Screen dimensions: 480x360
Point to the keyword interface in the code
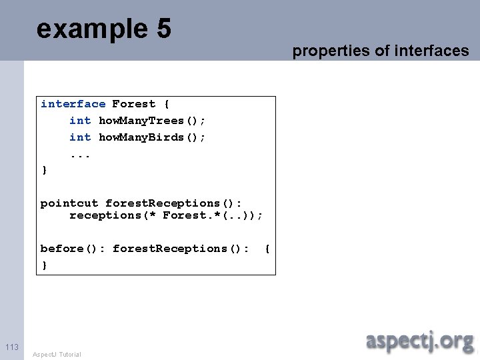point(73,104)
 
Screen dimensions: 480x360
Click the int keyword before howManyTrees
point(80,121)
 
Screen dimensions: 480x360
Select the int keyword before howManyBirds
point(80,137)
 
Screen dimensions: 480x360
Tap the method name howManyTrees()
point(152,121)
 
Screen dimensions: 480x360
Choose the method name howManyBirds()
point(152,137)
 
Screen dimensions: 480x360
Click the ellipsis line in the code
point(80,154)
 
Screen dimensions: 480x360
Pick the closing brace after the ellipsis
point(45,170)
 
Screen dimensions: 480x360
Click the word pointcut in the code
point(69,203)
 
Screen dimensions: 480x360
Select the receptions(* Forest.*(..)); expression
point(166,215)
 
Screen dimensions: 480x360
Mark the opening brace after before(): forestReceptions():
point(267,249)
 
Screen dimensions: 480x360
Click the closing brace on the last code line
point(45,265)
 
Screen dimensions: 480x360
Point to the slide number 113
point(12,347)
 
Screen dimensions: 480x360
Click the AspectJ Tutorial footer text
point(57,354)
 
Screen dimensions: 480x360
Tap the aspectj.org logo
point(419,341)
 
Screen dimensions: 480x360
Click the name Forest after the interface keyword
point(133,104)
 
